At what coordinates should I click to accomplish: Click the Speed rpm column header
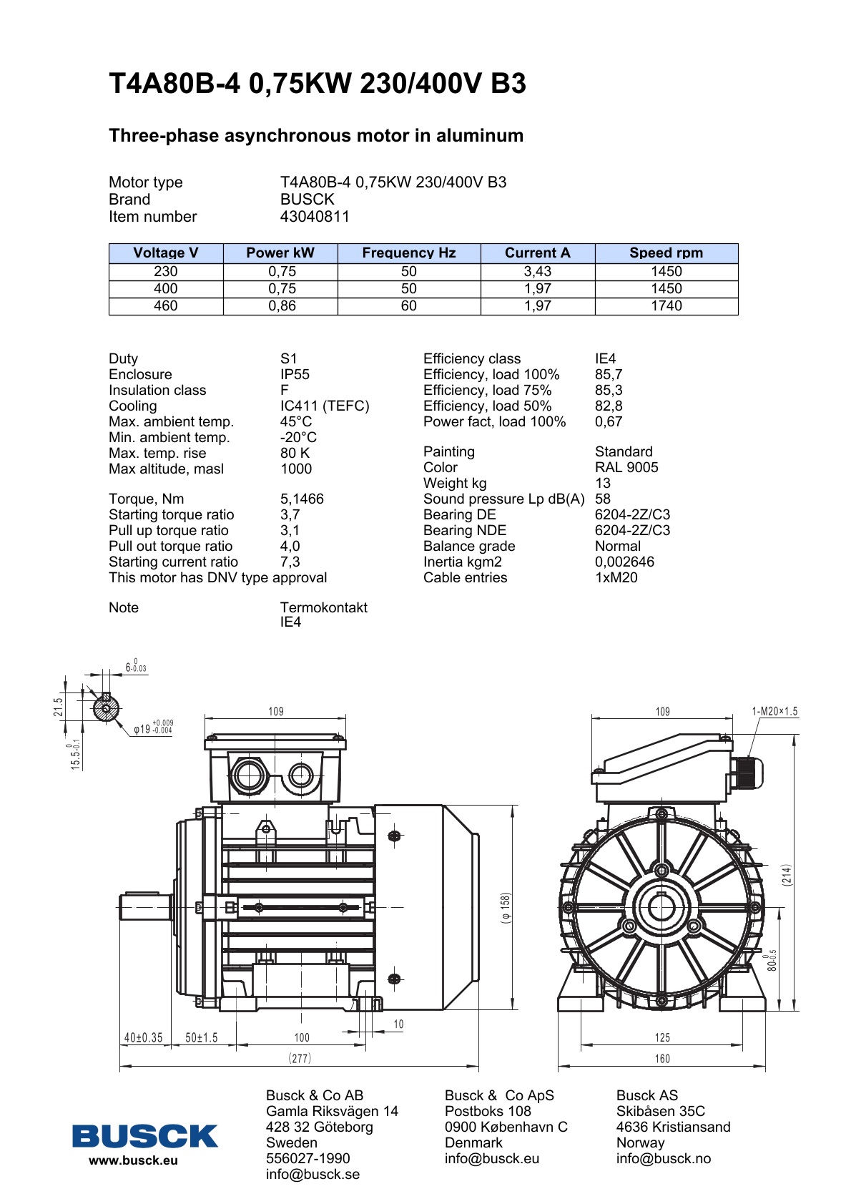pyautogui.click(x=666, y=253)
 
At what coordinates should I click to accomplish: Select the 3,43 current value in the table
pyautogui.click(x=537, y=272)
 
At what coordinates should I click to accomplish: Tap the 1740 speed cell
pyautogui.click(x=666, y=306)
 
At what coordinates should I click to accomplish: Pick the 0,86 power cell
pyautogui.click(x=282, y=306)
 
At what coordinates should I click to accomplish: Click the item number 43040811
pyautogui.click(x=315, y=217)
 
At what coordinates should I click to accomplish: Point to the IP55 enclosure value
pyautogui.click(x=295, y=375)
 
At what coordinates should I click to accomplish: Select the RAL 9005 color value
pyautogui.click(x=626, y=468)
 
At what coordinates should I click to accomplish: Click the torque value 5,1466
pyautogui.click(x=302, y=499)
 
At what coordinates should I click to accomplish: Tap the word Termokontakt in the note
pyautogui.click(x=323, y=608)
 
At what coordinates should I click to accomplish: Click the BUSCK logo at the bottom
pyautogui.click(x=144, y=1136)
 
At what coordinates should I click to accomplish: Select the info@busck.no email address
pyautogui.click(x=663, y=1159)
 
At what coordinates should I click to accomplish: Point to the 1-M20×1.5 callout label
pyautogui.click(x=774, y=712)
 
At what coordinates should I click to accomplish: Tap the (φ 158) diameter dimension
pyautogui.click(x=506, y=908)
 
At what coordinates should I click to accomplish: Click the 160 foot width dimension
pyautogui.click(x=662, y=1059)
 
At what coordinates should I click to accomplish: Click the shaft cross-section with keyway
pyautogui.click(x=106, y=708)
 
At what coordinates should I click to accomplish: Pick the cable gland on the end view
pyautogui.click(x=747, y=773)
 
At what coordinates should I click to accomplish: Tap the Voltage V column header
pyautogui.click(x=165, y=253)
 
